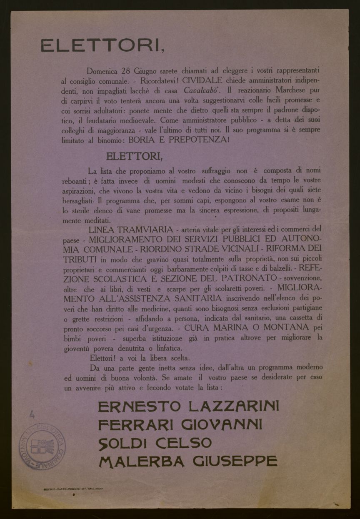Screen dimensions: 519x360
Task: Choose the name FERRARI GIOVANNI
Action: [180, 424]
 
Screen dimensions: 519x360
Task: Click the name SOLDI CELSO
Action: [155, 442]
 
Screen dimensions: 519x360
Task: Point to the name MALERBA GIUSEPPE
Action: [187, 461]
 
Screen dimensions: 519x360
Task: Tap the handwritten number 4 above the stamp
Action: [32, 414]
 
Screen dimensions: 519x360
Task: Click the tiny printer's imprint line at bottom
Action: [73, 488]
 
